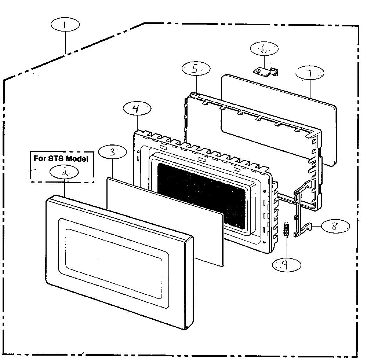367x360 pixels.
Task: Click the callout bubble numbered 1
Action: pyautogui.click(x=65, y=24)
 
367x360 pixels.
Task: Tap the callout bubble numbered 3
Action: pyautogui.click(x=112, y=152)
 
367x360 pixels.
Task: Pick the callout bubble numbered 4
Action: pyautogui.click(x=137, y=109)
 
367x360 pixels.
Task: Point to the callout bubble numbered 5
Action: pyautogui.click(x=196, y=69)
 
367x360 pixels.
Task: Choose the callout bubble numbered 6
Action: pyautogui.click(x=264, y=49)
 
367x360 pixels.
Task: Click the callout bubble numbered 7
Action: pyautogui.click(x=310, y=73)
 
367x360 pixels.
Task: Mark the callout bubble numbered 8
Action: pyautogui.click(x=335, y=226)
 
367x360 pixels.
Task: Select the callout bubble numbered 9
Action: pyautogui.click(x=287, y=264)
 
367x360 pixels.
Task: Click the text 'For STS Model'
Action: pyautogui.click(x=61, y=158)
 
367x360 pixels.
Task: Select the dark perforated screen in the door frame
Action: pyautogui.click(x=201, y=195)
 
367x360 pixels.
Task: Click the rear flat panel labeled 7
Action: pyautogui.click(x=279, y=120)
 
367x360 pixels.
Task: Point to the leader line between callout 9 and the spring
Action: pyautogui.click(x=287, y=247)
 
